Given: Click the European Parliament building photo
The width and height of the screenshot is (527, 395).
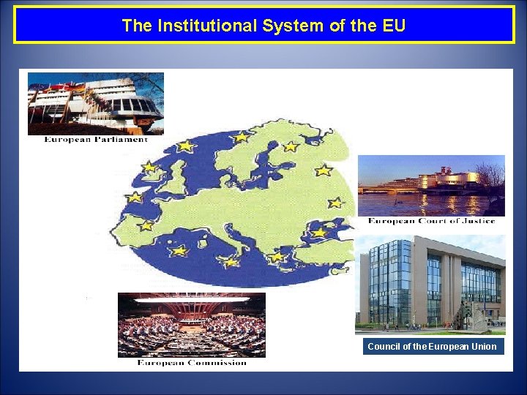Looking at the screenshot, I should click(95, 102).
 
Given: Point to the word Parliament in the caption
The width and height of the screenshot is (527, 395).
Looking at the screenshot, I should click(120, 140).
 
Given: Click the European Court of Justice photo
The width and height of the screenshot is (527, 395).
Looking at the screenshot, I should click(430, 185).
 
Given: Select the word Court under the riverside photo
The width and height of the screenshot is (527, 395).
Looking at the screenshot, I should click(433, 221).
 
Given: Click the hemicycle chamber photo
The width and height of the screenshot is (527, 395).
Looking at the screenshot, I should click(191, 325).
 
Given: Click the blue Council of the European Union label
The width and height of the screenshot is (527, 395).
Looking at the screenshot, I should click(433, 347).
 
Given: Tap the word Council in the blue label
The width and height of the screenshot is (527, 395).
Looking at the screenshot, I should click(384, 347).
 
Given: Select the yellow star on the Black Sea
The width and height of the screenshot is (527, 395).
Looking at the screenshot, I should click(319, 232).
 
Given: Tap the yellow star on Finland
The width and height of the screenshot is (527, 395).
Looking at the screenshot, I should click(291, 146).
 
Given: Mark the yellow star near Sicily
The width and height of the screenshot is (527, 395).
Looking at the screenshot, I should click(231, 261).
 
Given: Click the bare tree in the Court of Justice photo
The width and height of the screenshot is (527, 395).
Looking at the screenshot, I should click(490, 179).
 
